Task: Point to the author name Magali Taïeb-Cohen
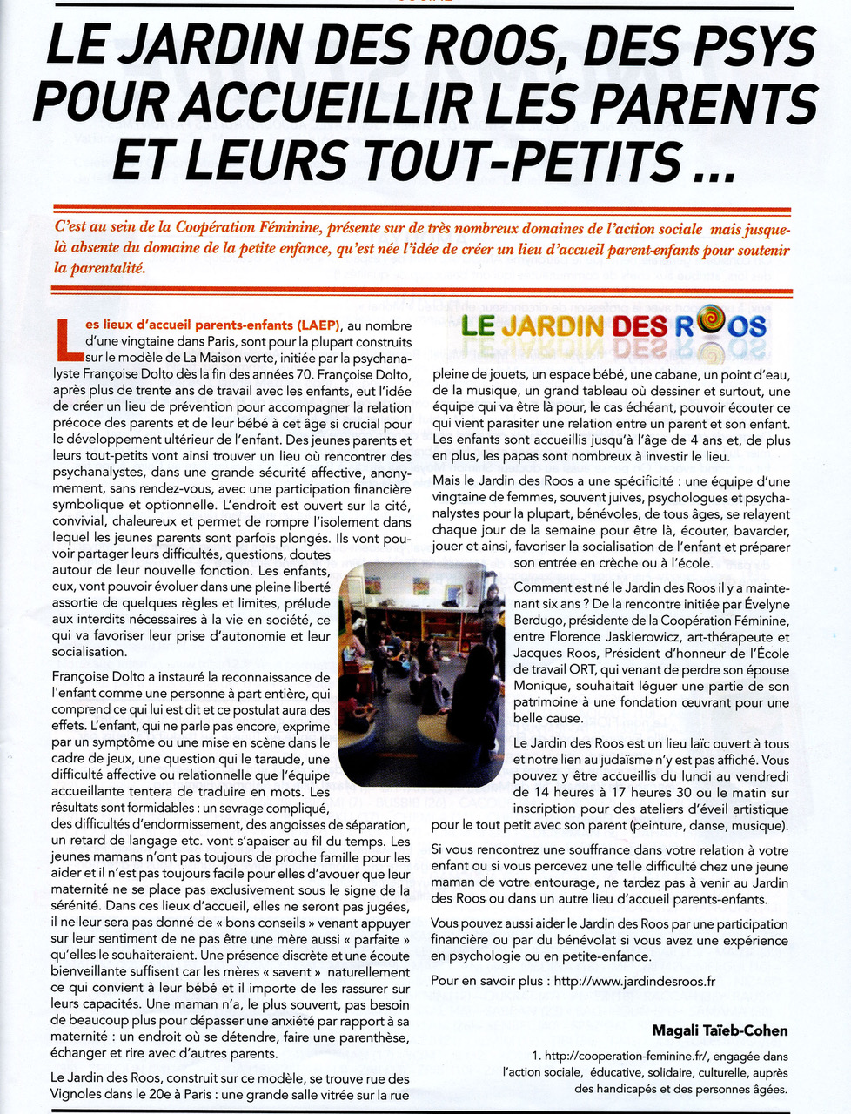[x=720, y=1030]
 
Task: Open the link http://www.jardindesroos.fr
[x=634, y=981]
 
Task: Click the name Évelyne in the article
[x=762, y=605]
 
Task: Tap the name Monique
[x=539, y=686]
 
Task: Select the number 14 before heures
[x=523, y=792]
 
